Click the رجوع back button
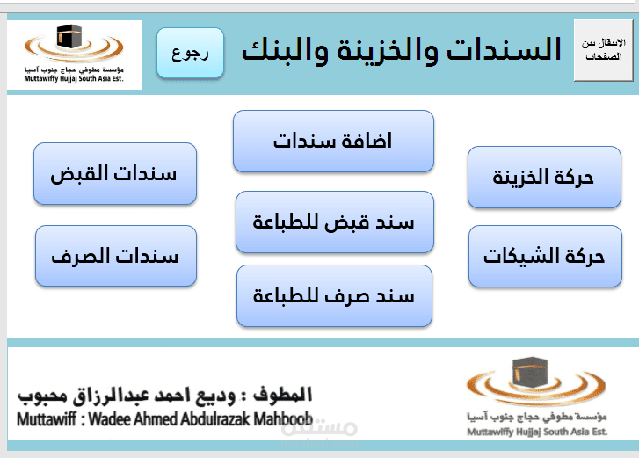pyautogui.click(x=191, y=53)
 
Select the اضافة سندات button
pyautogui.click(x=333, y=141)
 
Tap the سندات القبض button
pyautogui.click(x=115, y=173)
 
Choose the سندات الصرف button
pyautogui.click(x=116, y=256)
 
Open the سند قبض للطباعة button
pyautogui.click(x=335, y=222)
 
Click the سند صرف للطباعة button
pyautogui.click(x=334, y=296)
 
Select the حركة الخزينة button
pyautogui.click(x=544, y=178)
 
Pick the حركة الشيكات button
pyautogui.click(x=545, y=257)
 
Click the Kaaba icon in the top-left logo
pyautogui.click(x=69, y=37)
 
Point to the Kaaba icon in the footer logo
pyautogui.click(x=529, y=372)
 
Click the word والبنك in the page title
pyautogui.click(x=285, y=50)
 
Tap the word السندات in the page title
pyautogui.click(x=505, y=49)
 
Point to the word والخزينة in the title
pyautogui.click(x=387, y=50)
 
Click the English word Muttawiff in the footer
pyautogui.click(x=47, y=419)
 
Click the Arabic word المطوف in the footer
pyautogui.click(x=282, y=395)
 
